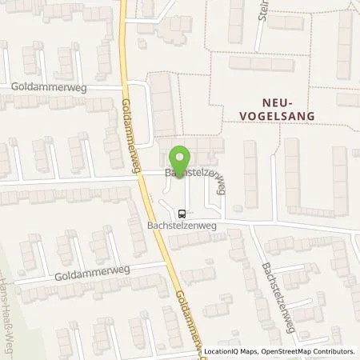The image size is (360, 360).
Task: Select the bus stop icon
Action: [x=182, y=214]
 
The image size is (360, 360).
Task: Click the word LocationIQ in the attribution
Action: [x=224, y=351]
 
